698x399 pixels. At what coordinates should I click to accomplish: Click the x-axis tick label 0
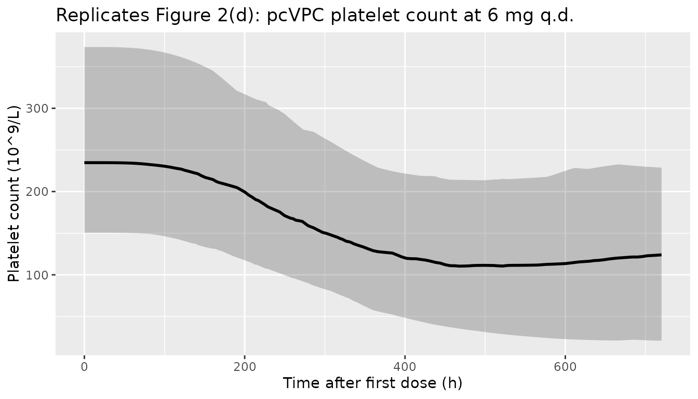click(84, 367)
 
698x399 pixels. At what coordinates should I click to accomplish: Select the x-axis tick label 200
click(245, 367)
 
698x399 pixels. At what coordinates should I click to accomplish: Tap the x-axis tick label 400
click(405, 367)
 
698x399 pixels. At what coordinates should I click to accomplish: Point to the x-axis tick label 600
click(565, 367)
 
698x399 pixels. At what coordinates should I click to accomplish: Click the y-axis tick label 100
click(37, 275)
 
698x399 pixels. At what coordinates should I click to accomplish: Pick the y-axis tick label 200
click(37, 192)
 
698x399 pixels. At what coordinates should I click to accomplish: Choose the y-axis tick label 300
click(37, 109)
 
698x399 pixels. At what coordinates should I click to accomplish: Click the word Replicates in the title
click(103, 16)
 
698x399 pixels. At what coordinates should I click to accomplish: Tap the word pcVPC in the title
click(296, 16)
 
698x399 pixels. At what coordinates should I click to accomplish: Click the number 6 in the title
click(492, 16)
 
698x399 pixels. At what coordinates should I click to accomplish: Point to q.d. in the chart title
click(555, 16)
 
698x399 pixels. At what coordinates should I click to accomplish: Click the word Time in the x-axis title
click(301, 383)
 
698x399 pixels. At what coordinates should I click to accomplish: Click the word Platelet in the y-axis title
click(13, 251)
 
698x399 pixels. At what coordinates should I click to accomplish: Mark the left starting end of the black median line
click(85, 163)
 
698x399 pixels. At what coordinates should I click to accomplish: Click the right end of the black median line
click(661, 255)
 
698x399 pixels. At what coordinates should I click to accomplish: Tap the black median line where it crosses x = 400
click(405, 258)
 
